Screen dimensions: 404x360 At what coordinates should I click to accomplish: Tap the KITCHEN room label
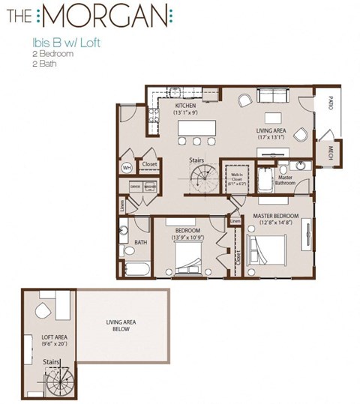point(185,110)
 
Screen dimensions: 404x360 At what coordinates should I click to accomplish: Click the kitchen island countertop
point(197,130)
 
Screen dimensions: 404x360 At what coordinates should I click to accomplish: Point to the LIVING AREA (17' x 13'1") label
point(271,133)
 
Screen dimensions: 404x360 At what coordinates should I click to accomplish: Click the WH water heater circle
point(127,167)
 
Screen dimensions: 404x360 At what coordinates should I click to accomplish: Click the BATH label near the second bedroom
point(140,242)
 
